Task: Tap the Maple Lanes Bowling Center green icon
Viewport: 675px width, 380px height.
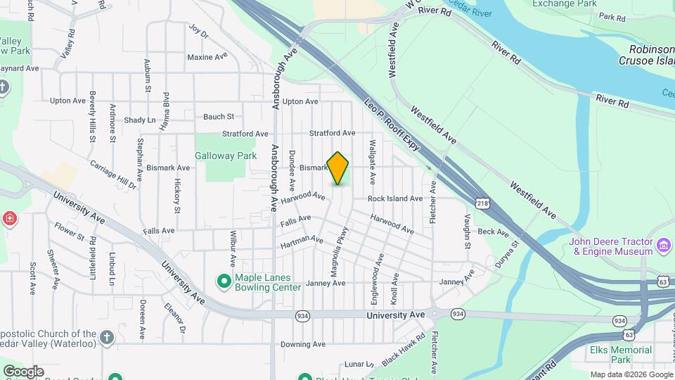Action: (224, 281)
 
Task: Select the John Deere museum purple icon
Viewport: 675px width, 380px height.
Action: (664, 247)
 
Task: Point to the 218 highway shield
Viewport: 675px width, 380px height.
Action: (483, 204)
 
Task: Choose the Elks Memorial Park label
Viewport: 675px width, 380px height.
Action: (622, 355)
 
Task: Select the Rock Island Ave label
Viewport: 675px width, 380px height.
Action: (394, 198)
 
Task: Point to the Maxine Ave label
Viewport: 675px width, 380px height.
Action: (207, 56)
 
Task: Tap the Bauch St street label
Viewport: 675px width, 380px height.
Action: (218, 117)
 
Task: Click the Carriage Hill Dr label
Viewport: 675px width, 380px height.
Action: (112, 175)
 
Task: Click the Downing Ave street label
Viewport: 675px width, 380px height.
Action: (303, 345)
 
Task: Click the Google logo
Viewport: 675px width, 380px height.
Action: (23, 371)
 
